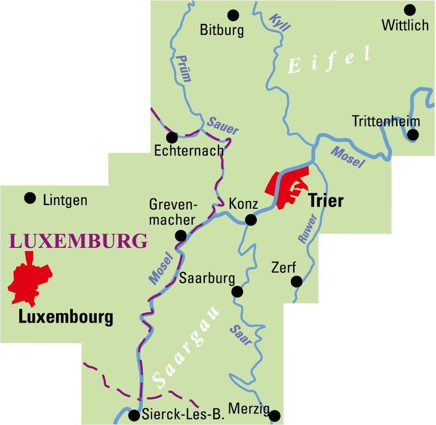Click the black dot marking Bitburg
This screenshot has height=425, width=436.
(x=233, y=15)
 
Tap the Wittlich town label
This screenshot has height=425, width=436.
(x=405, y=25)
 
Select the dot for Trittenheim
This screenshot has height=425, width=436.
(x=413, y=135)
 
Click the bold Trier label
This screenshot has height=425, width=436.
(x=326, y=200)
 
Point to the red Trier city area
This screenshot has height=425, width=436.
(x=287, y=187)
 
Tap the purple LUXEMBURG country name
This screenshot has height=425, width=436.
(x=78, y=241)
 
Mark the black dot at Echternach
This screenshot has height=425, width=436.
(x=171, y=138)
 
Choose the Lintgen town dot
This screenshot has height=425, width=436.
(x=30, y=198)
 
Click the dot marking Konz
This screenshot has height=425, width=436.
(x=251, y=220)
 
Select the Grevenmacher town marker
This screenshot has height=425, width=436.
(x=181, y=236)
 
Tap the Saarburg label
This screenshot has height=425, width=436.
(x=207, y=279)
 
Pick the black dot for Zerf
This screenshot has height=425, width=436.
(x=297, y=281)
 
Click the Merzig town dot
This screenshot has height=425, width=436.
(x=275, y=415)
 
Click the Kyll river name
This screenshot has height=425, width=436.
(x=280, y=23)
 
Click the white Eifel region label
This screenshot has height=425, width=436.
(x=329, y=61)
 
